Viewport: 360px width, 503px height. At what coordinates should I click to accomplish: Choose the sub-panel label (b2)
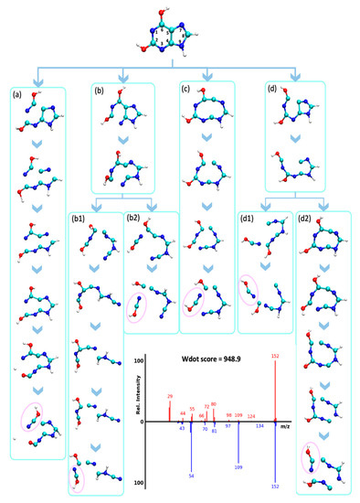click(x=134, y=222)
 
